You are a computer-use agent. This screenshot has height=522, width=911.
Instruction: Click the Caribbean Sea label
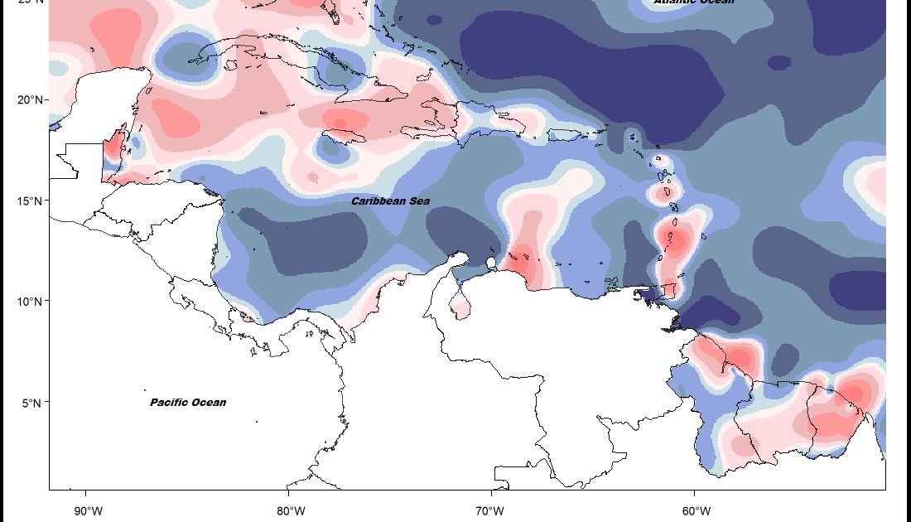pos(390,201)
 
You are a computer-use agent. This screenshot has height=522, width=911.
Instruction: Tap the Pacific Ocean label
pos(188,403)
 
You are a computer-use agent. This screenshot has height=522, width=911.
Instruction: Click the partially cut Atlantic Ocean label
pos(694,2)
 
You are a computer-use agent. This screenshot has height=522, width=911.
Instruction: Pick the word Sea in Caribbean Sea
pos(418,201)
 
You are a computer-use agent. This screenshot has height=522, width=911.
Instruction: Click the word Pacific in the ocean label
pos(170,403)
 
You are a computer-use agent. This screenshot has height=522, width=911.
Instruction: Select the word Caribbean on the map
pos(378,201)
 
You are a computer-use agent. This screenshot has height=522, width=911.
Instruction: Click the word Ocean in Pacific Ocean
pos(209,403)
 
